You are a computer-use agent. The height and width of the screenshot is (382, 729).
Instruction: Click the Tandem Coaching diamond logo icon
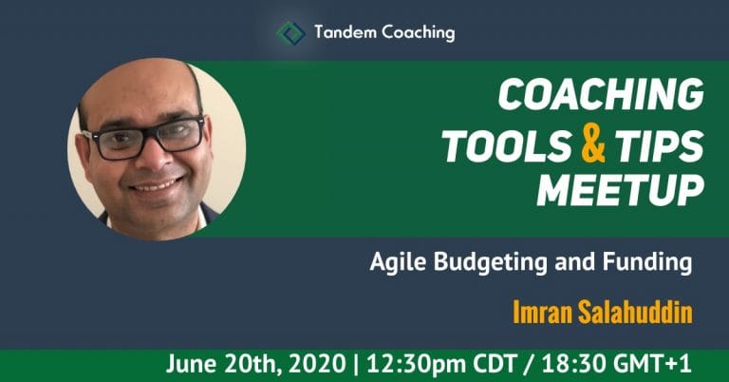[291, 33]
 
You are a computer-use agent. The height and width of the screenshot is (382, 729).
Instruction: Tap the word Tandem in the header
[346, 32]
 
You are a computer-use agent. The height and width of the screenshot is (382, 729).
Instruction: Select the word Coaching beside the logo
[419, 33]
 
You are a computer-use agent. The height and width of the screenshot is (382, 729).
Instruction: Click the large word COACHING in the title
[601, 94]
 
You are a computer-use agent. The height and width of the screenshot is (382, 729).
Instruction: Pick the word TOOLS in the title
[507, 146]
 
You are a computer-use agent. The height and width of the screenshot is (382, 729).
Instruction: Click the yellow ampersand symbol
[593, 145]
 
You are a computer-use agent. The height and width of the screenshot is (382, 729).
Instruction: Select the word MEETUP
[621, 190]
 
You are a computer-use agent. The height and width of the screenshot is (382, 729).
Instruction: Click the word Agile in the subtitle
[398, 263]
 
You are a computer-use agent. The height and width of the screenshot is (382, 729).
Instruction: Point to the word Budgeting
[491, 263]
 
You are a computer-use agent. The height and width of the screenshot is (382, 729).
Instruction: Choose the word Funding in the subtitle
[647, 263]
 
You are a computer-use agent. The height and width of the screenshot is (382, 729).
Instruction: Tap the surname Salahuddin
[635, 313]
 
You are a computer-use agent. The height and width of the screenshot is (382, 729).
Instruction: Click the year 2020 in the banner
[317, 364]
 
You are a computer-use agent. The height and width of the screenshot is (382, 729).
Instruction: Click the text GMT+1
[652, 364]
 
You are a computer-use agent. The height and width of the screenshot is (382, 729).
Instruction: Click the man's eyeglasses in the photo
[143, 137]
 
